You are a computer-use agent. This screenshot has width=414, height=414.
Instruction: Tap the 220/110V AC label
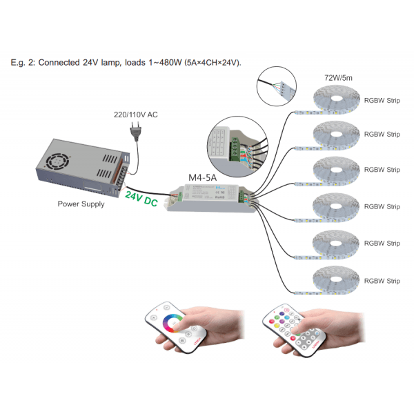click(135, 114)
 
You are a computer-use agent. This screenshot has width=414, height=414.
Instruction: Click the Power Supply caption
click(81, 204)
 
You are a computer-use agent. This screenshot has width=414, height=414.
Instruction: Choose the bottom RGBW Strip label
click(382, 281)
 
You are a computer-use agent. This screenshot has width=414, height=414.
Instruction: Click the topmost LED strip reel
click(335, 101)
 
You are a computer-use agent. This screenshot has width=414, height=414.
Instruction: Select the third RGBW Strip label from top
click(382, 170)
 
